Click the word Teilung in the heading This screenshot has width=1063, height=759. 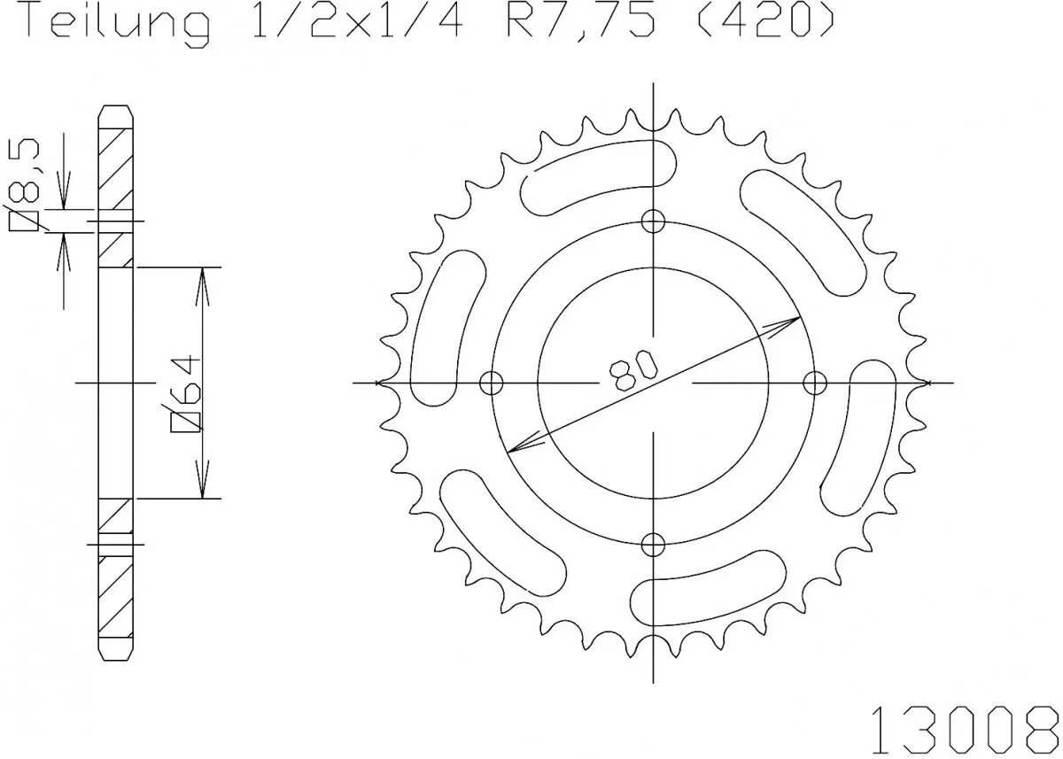tap(116, 23)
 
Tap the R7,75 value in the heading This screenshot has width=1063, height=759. tap(580, 23)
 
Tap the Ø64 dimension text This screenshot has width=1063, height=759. tap(188, 395)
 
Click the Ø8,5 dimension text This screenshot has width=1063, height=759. tap(27, 187)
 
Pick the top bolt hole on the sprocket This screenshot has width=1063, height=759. tap(654, 221)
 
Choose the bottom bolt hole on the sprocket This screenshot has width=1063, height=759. tap(654, 543)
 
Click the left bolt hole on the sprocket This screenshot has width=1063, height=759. tap(492, 383)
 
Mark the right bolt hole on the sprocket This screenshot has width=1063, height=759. tap(815, 383)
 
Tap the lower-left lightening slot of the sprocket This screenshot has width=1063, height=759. tap(502, 531)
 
